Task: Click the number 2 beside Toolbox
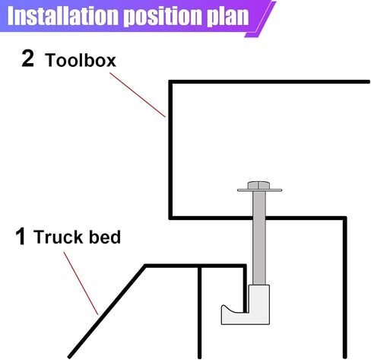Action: [27, 59]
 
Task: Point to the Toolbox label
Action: [81, 60]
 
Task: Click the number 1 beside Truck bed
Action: [21, 236]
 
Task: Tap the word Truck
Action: [58, 237]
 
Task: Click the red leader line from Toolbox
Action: [138, 95]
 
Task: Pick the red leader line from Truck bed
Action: [81, 283]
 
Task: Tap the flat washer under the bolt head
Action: [259, 190]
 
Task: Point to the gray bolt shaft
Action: [259, 238]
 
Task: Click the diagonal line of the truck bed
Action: [106, 311]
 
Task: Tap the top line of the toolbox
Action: [269, 81]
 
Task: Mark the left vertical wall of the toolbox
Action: [171, 150]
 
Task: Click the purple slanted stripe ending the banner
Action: [260, 19]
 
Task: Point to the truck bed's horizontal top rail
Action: [195, 266]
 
